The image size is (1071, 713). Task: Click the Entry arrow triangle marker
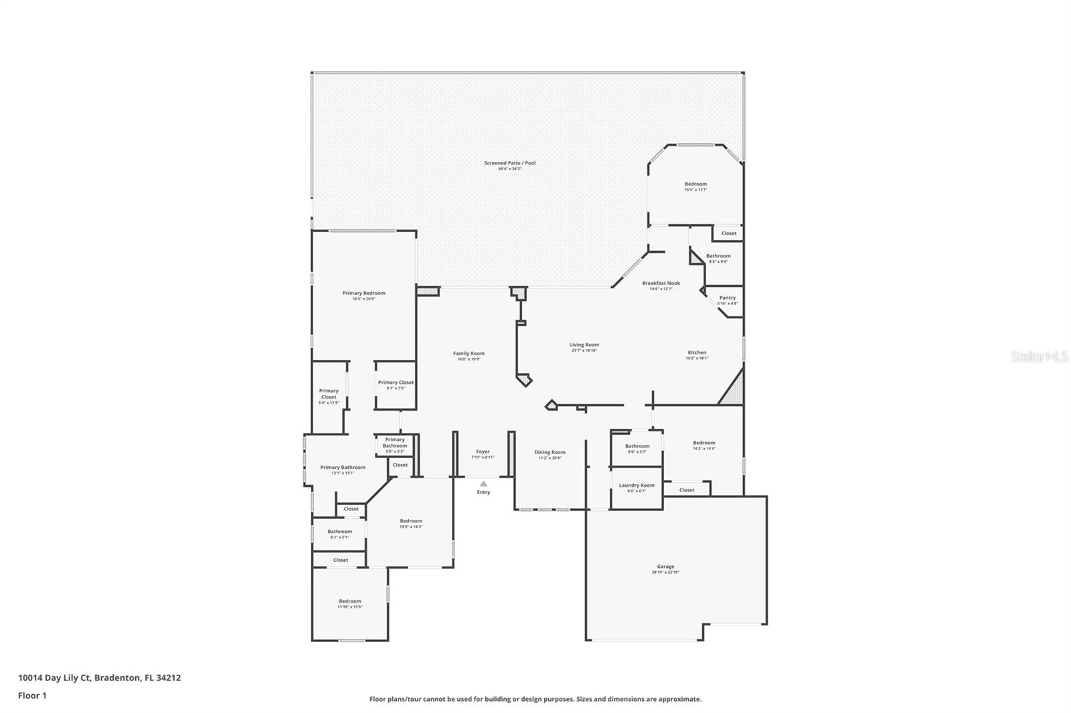pos(483,484)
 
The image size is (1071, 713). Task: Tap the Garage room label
pos(665,567)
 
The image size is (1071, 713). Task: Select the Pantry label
pos(727,298)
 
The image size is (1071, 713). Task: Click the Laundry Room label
pos(637,486)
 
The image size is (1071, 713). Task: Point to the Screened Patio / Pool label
pos(509,163)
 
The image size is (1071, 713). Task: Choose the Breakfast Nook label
pos(661,283)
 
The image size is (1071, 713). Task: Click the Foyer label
pos(483,451)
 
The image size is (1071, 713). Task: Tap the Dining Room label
pos(550,452)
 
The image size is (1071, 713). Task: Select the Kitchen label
pos(697,352)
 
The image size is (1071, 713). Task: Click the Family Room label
pos(469,353)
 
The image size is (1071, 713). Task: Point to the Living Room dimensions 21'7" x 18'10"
pos(584,350)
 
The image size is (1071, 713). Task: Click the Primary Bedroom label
pos(363,293)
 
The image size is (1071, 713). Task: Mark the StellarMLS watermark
pos(1040,356)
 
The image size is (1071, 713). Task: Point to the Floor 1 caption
pos(32,696)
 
